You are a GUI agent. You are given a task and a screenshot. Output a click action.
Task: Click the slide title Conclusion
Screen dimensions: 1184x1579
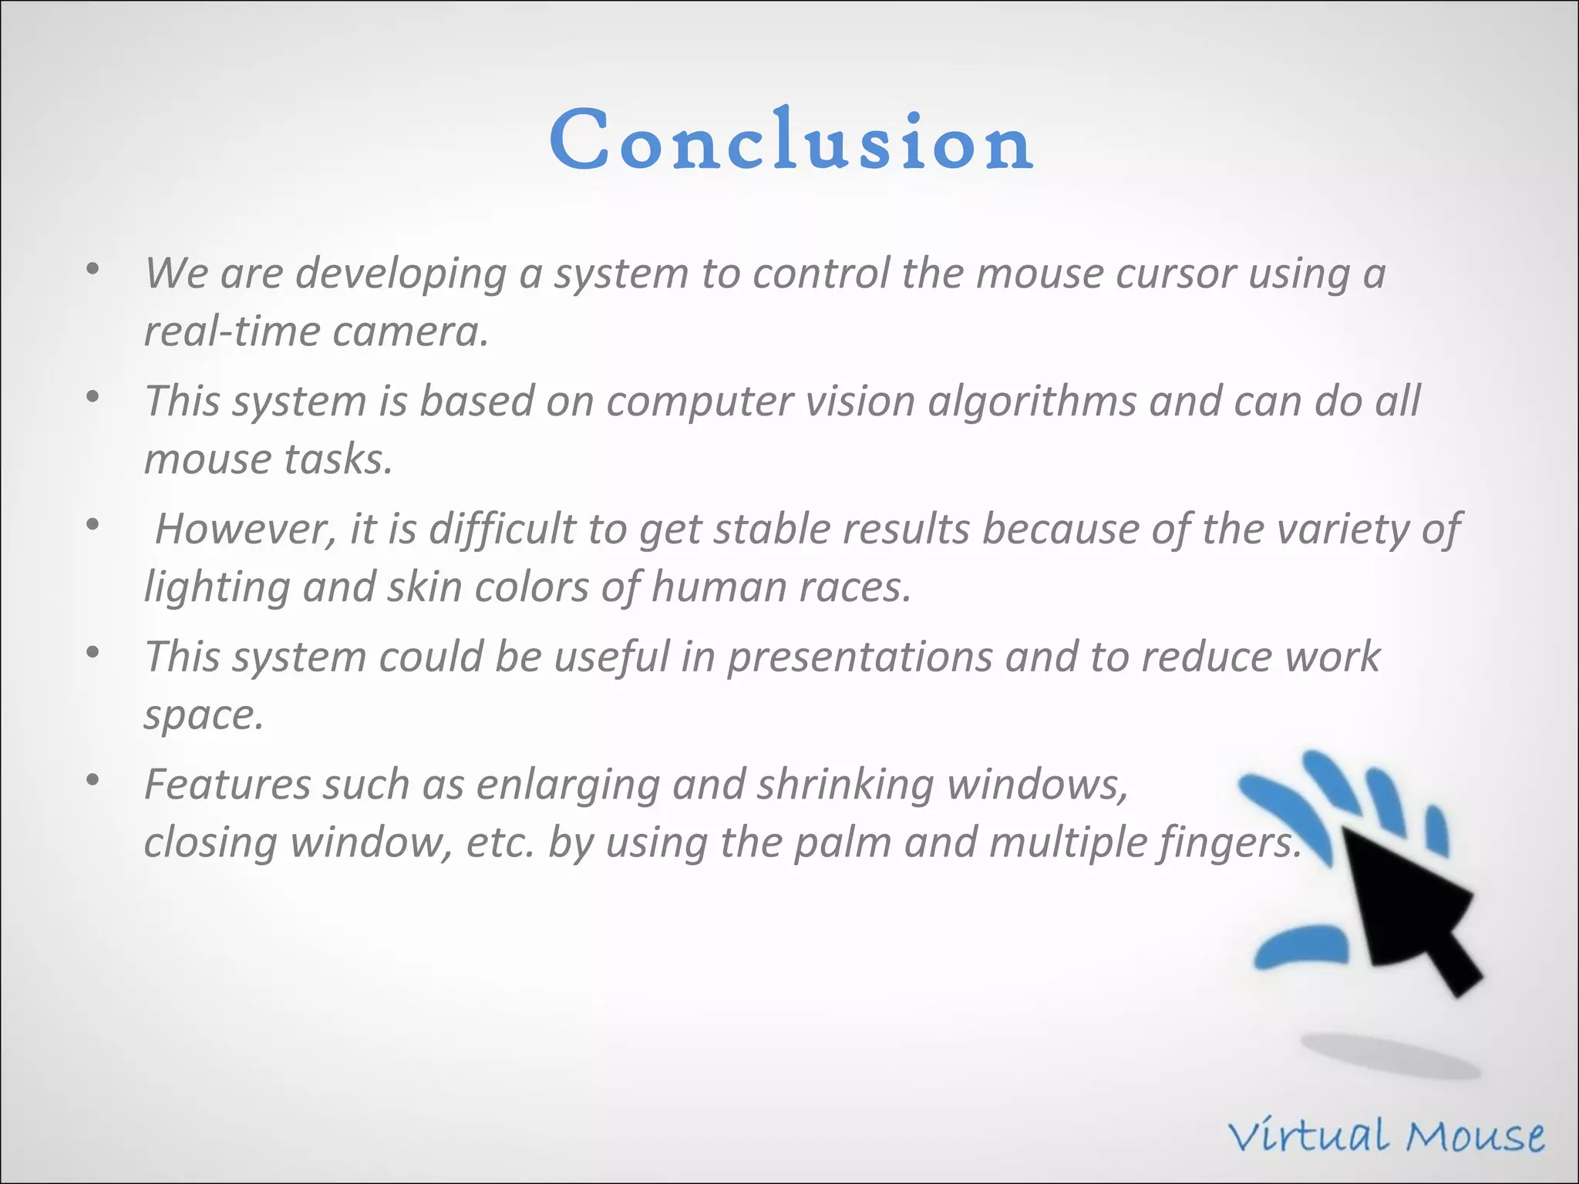(791, 140)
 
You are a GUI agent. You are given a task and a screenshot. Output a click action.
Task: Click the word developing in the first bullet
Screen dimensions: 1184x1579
(400, 274)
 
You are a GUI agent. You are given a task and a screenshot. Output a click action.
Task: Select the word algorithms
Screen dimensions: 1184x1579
(1032, 402)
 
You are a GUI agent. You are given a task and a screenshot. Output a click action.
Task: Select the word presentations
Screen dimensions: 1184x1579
(860, 658)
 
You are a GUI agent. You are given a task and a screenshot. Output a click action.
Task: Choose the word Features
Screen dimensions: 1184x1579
(227, 785)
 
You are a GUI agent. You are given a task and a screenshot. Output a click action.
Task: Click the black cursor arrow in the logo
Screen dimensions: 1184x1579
(1403, 910)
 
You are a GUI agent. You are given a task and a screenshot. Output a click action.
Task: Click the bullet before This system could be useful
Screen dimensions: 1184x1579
(93, 652)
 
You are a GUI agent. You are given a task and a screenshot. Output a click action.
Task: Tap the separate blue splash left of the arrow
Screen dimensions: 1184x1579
(1301, 947)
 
